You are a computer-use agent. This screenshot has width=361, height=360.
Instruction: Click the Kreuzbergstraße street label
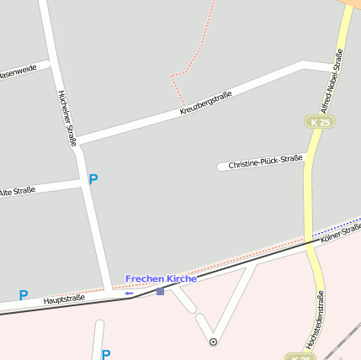[205, 104]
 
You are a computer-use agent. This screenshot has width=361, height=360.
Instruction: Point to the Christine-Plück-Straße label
[265, 161]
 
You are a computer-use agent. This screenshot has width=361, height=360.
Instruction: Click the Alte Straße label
[17, 193]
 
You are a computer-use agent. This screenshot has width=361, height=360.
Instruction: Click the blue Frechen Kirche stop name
[161, 278]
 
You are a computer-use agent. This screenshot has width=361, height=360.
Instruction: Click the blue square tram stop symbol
[160, 291]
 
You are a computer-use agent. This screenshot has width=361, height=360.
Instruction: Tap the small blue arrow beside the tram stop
[129, 294]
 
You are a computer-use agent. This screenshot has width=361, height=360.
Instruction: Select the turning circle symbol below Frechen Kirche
[213, 341]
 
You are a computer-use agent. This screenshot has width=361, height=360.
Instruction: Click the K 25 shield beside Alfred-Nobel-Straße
[319, 123]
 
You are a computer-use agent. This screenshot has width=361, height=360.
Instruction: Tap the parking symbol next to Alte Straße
[93, 179]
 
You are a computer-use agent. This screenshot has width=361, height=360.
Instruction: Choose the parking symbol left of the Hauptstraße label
[24, 295]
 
